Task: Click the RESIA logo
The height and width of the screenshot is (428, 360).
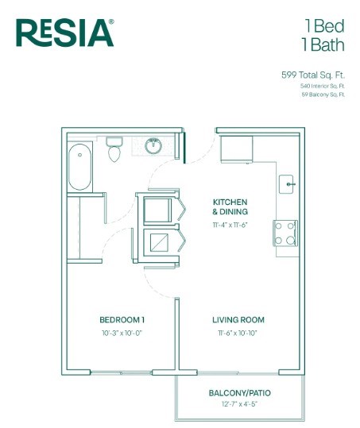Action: (65, 33)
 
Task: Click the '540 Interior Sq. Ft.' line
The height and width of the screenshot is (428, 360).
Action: (323, 85)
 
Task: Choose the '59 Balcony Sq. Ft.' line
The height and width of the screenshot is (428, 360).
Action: (323, 94)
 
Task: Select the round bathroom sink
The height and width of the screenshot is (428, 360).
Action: (153, 145)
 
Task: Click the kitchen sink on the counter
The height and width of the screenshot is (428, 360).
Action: (289, 184)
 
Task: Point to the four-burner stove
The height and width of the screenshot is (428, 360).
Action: (285, 232)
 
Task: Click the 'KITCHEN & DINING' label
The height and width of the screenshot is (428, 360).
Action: (230, 207)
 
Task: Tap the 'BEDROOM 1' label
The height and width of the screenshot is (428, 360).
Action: (122, 319)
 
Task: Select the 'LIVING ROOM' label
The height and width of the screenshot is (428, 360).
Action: (238, 319)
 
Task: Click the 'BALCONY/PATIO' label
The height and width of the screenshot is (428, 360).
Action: (237, 393)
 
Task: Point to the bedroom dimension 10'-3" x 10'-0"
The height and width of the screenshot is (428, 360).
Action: (122, 334)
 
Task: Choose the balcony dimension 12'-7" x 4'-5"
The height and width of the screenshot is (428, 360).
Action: (237, 405)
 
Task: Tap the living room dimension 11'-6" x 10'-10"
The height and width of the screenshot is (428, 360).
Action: (238, 334)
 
